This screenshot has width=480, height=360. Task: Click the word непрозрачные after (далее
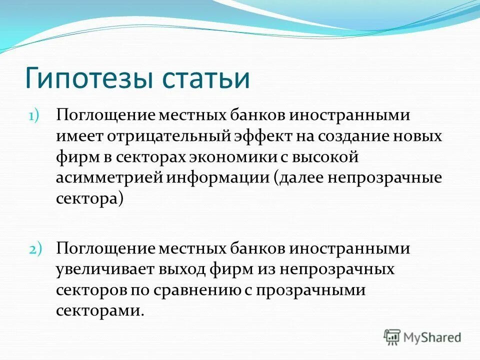click(x=384, y=178)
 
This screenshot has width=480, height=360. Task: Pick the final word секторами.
click(x=99, y=310)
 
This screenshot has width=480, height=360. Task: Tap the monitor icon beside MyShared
click(x=392, y=337)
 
